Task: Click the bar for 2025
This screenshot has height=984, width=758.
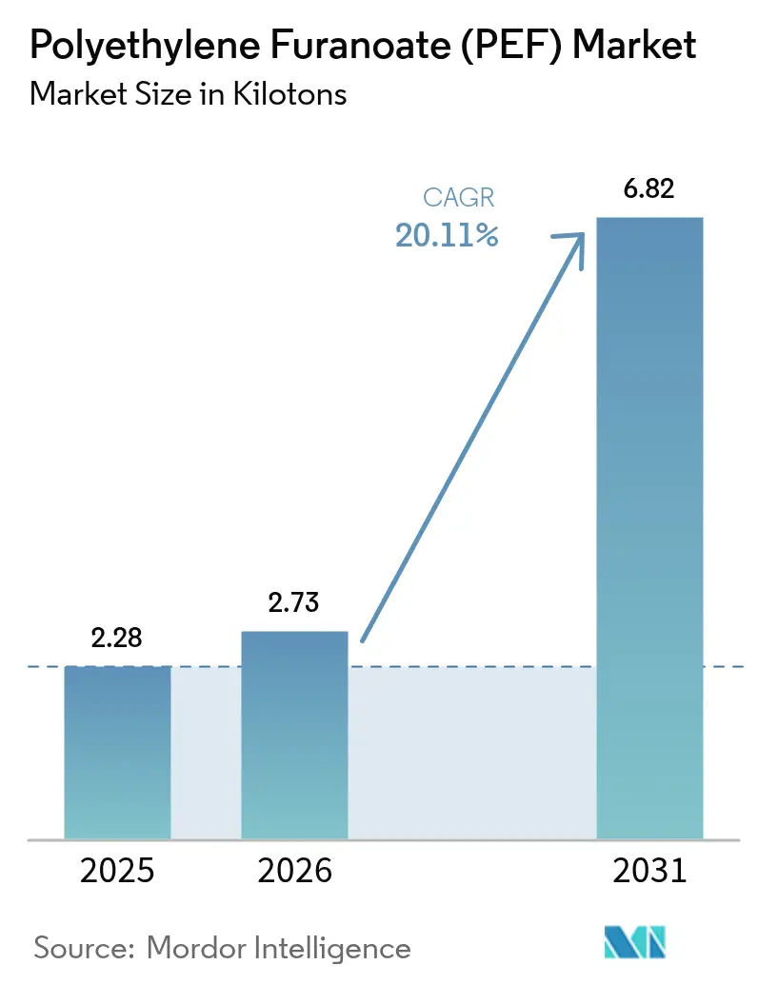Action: pos(117,752)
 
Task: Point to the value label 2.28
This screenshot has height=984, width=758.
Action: pos(117,638)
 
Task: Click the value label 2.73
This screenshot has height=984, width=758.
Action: pos(294,602)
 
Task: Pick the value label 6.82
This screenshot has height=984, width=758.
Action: pos(648,188)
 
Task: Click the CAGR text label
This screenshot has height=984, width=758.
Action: pos(459,199)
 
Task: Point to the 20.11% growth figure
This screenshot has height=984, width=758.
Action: pos(447,235)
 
